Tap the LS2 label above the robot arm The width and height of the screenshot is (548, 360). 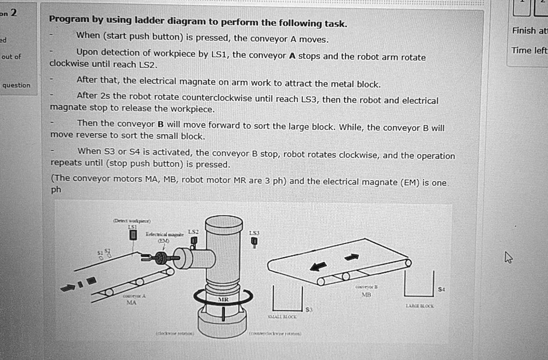(x=193, y=231)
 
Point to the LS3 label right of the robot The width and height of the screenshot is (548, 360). (x=254, y=233)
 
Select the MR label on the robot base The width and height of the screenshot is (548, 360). (x=223, y=300)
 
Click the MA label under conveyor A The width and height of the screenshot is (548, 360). (x=131, y=302)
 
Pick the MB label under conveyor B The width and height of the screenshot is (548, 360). (x=366, y=294)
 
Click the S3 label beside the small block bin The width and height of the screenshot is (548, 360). (x=309, y=309)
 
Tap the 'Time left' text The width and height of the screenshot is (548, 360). (x=529, y=50)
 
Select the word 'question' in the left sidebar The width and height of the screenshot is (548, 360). (x=16, y=85)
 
